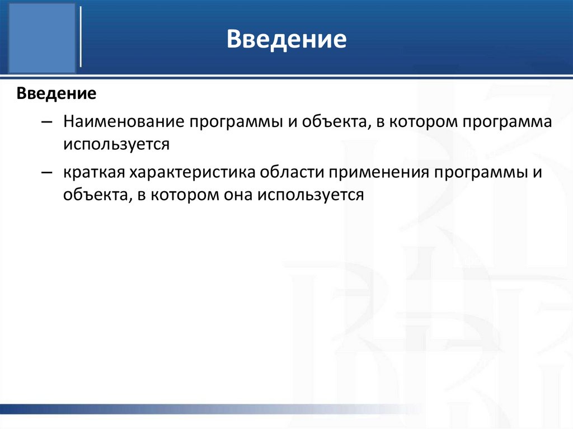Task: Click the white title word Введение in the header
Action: coord(286,40)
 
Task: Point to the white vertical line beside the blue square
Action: coord(82,37)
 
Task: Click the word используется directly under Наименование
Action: coord(115,144)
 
